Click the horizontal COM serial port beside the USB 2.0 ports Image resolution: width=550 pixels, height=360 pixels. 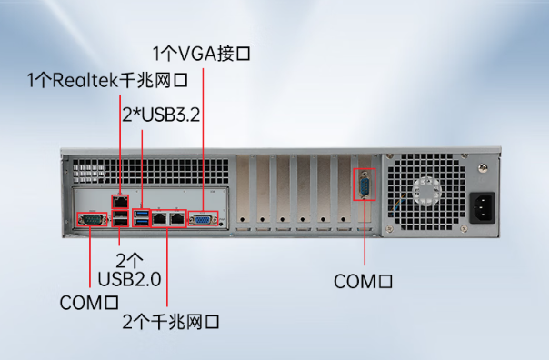[92, 219]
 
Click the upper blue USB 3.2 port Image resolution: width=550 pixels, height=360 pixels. [141, 212]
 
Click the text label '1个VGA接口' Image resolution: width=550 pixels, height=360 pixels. [200, 53]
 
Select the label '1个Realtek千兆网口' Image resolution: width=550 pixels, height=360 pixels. [107, 81]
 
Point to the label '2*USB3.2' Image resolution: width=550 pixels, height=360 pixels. [163, 115]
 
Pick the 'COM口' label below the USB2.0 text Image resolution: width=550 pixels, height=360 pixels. [90, 301]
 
